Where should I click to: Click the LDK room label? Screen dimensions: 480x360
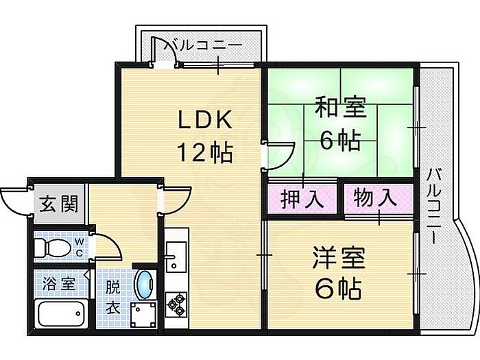(204, 120)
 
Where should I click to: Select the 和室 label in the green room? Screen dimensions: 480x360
(340, 107)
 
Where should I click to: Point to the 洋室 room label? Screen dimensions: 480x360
(339, 258)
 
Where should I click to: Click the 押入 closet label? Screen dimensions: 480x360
(302, 200)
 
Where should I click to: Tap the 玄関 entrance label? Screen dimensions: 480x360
(59, 204)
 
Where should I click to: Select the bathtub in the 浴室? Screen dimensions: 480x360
(60, 314)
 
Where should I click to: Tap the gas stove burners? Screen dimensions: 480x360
(176, 304)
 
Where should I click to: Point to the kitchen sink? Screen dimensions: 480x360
(176, 256)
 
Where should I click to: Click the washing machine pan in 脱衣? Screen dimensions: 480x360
(143, 315)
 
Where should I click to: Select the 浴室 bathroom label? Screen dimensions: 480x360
(59, 284)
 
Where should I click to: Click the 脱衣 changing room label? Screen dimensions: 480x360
(112, 297)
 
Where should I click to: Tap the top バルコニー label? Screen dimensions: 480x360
(203, 46)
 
